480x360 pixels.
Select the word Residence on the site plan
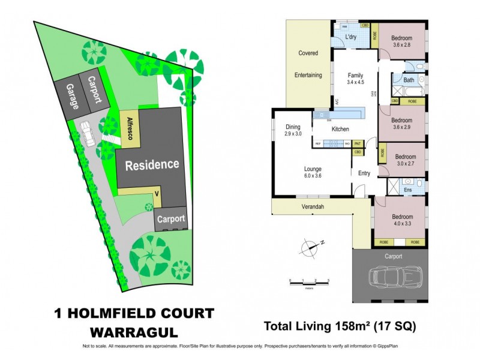point(152,164)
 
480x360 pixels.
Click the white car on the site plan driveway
point(88,133)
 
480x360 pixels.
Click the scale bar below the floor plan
point(309,281)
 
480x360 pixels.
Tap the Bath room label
point(409,80)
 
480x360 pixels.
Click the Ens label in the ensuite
point(407,190)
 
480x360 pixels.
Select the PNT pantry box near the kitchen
point(358,143)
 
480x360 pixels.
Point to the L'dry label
point(352,38)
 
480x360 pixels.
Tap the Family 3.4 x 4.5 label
point(356,79)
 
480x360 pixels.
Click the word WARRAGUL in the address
point(133,331)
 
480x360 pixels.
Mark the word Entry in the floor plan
point(364,173)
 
